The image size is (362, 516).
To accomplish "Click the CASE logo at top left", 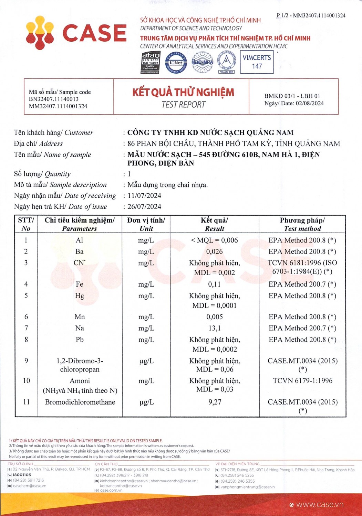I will point(76,33).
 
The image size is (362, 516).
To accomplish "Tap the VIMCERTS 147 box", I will point(257,62).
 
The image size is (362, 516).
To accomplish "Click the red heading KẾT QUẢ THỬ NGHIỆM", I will point(183,92).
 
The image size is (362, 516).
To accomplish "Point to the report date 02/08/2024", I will point(310,103).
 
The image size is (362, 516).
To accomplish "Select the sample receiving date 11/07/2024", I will point(144,196).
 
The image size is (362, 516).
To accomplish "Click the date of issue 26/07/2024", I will point(144,207).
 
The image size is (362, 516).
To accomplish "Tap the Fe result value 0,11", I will point(214,284).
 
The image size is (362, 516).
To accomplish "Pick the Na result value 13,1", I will point(214,328).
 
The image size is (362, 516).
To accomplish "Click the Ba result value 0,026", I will point(214,251).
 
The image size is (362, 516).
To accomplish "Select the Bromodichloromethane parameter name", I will point(80,402).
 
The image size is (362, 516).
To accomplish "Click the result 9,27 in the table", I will point(215,402).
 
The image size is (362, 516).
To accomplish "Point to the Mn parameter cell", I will point(80,317).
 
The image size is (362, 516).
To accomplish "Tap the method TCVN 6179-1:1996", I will point(302,381).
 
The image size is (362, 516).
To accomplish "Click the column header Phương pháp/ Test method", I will point(302,224).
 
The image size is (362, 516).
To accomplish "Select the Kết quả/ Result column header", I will point(214,224).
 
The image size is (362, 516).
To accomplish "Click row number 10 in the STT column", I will point(26,381).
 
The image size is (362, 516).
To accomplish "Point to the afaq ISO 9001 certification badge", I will point(151,62).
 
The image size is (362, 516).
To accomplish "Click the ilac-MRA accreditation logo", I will point(202,62).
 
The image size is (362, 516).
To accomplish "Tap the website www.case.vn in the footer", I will point(319,505).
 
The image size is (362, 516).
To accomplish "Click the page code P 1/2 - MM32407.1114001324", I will point(311,15).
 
